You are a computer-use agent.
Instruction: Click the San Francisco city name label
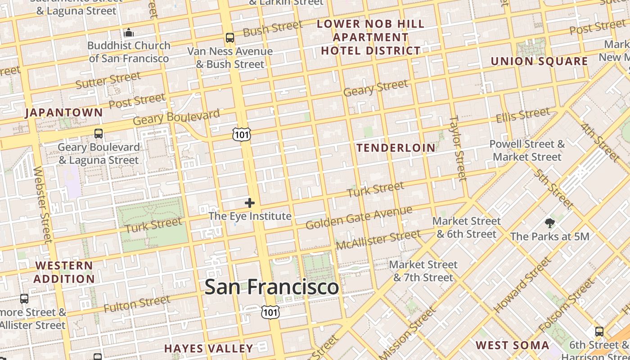coord(271,287)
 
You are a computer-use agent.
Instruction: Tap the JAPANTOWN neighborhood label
coord(64,112)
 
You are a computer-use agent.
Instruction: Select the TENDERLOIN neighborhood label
coord(396,148)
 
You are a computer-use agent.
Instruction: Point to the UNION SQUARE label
coord(539,61)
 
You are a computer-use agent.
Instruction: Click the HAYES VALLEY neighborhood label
coord(208,348)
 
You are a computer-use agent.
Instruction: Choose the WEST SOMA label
coord(513,346)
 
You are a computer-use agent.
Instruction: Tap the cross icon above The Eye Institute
coord(250,203)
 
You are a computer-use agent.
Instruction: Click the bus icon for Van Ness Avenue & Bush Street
coord(230,38)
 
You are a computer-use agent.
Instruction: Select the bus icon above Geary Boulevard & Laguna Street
coord(99,134)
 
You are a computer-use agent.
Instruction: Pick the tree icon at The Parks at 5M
coord(549,223)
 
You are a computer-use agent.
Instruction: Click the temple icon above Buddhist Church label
coord(129,32)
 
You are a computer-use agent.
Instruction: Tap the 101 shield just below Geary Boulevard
coord(242,134)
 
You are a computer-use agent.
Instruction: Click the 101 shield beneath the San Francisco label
coord(270,311)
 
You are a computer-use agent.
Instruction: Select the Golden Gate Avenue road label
coord(359,217)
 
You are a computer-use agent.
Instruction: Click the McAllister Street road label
coord(378,239)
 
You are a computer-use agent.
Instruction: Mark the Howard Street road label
coord(522,285)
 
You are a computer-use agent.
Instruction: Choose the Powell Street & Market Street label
coord(527,150)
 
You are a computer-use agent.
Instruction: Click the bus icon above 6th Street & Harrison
coord(599,332)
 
